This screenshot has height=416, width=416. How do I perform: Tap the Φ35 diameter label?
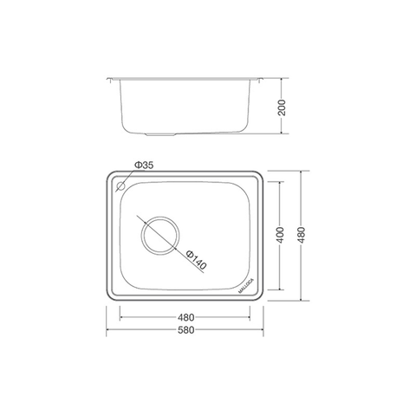(x=144, y=166)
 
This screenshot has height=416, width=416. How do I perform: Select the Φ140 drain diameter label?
(x=198, y=257)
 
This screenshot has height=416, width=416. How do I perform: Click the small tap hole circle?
(x=119, y=185)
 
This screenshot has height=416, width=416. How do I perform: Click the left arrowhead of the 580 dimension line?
(x=108, y=330)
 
